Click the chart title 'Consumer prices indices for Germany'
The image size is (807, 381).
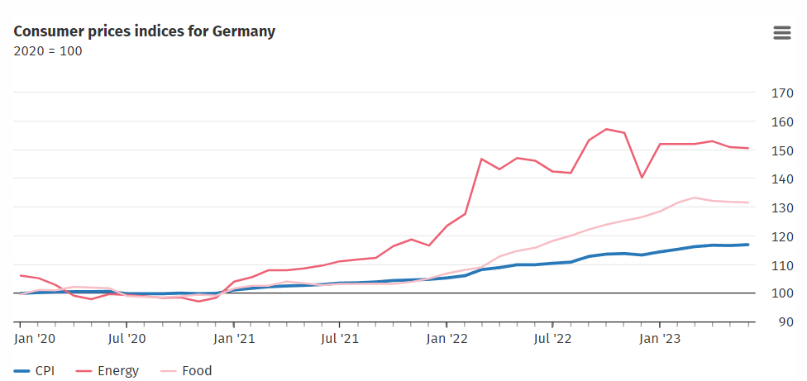(x=145, y=31)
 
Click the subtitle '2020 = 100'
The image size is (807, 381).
(x=48, y=51)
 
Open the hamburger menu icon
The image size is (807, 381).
(x=781, y=33)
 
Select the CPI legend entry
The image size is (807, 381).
(x=35, y=371)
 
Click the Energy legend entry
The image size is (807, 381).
(x=108, y=371)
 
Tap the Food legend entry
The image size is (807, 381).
(x=185, y=371)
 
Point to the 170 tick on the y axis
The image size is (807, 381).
(x=781, y=93)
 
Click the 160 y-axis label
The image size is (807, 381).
(x=781, y=121)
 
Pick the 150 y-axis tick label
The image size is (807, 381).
(x=781, y=150)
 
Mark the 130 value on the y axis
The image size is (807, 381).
(x=781, y=207)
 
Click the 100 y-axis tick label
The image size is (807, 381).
(x=781, y=293)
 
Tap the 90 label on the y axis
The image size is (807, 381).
(x=785, y=321)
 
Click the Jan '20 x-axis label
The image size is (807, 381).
(x=36, y=338)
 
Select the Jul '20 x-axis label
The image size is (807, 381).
(x=127, y=338)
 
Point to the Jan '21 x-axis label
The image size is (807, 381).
(x=234, y=338)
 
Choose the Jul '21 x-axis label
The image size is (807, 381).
(x=340, y=338)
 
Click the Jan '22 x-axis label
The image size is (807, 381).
(x=447, y=338)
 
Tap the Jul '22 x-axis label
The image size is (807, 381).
(x=552, y=338)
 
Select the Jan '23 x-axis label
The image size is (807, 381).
(x=660, y=338)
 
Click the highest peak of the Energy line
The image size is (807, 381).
(x=606, y=129)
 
